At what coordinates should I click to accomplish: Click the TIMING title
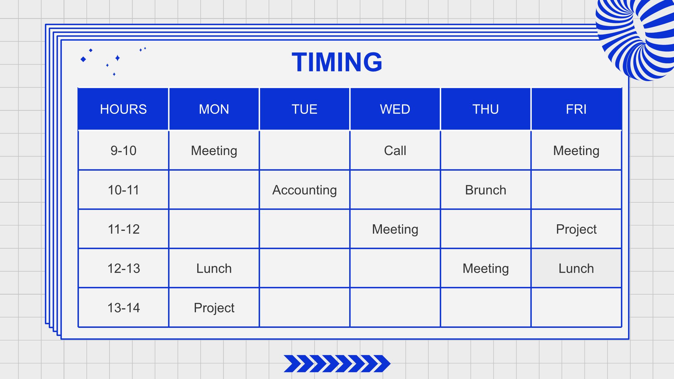coord(337,62)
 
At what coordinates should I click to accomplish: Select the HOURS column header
coord(123,109)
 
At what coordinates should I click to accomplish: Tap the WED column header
coord(395,109)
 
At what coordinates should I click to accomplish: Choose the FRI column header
coord(576,109)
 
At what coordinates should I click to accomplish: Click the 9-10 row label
coord(123,151)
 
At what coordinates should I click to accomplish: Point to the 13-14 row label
coord(123,308)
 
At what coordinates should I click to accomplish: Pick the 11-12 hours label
coord(123,229)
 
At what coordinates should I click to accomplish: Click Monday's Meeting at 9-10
coord(214,151)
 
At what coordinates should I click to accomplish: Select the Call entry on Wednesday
coord(395,151)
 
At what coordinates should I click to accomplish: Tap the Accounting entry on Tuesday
coord(305,190)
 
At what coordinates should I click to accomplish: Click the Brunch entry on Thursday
coord(486,190)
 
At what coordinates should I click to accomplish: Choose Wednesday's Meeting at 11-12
coord(395,230)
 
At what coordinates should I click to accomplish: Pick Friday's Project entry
coord(576,230)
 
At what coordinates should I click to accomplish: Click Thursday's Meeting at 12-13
coord(486,269)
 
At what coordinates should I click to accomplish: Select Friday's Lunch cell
coord(576,268)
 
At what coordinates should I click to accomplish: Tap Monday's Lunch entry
coord(214,269)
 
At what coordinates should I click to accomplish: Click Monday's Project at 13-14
coord(214,308)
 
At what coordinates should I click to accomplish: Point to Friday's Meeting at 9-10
coord(576,151)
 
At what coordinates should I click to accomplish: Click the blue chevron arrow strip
coord(337,364)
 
